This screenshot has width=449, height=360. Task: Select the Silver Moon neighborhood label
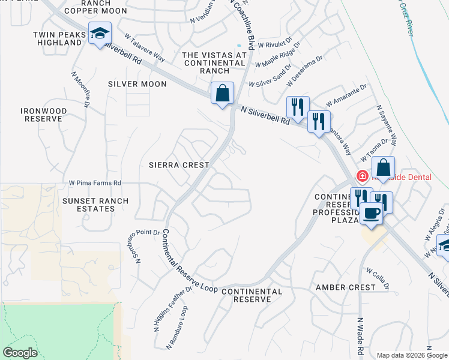pos(137,84)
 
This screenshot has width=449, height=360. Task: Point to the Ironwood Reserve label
pos(41,115)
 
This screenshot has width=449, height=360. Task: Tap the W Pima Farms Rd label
pos(95,182)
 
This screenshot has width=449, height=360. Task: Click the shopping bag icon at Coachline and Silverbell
pos(222,93)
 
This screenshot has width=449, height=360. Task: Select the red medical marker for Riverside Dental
pos(362,176)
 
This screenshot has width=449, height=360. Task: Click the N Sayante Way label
pos(387,126)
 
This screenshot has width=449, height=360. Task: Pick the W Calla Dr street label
pos(378,277)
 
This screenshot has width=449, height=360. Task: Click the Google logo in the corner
pos(20,352)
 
